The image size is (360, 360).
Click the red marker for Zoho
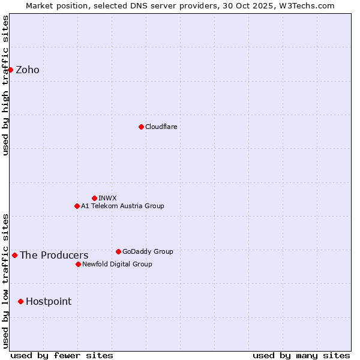coord(10,70)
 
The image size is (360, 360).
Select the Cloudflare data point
coord(141,127)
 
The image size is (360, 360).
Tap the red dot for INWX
coord(94,198)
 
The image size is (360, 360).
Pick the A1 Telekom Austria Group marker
coord(77,206)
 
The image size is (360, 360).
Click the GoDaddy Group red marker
coord(118,251)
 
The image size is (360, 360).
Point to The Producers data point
coord(14,255)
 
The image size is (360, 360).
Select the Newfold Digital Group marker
coord(78,264)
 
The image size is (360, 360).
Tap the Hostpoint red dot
coord(20,301)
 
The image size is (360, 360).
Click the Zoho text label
coord(28,70)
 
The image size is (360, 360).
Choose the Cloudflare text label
coord(161,127)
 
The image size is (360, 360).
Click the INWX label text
coord(107,198)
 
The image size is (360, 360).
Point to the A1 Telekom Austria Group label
coord(122,206)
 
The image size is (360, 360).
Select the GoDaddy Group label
coord(148,251)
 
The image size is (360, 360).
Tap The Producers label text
coord(54,256)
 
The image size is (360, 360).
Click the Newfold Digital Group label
coord(117,264)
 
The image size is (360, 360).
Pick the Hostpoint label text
coord(49,302)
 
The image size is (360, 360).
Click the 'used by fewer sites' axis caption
coord(62,355)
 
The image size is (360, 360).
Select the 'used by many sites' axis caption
coord(301,355)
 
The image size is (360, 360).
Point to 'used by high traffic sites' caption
coord(5,85)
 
